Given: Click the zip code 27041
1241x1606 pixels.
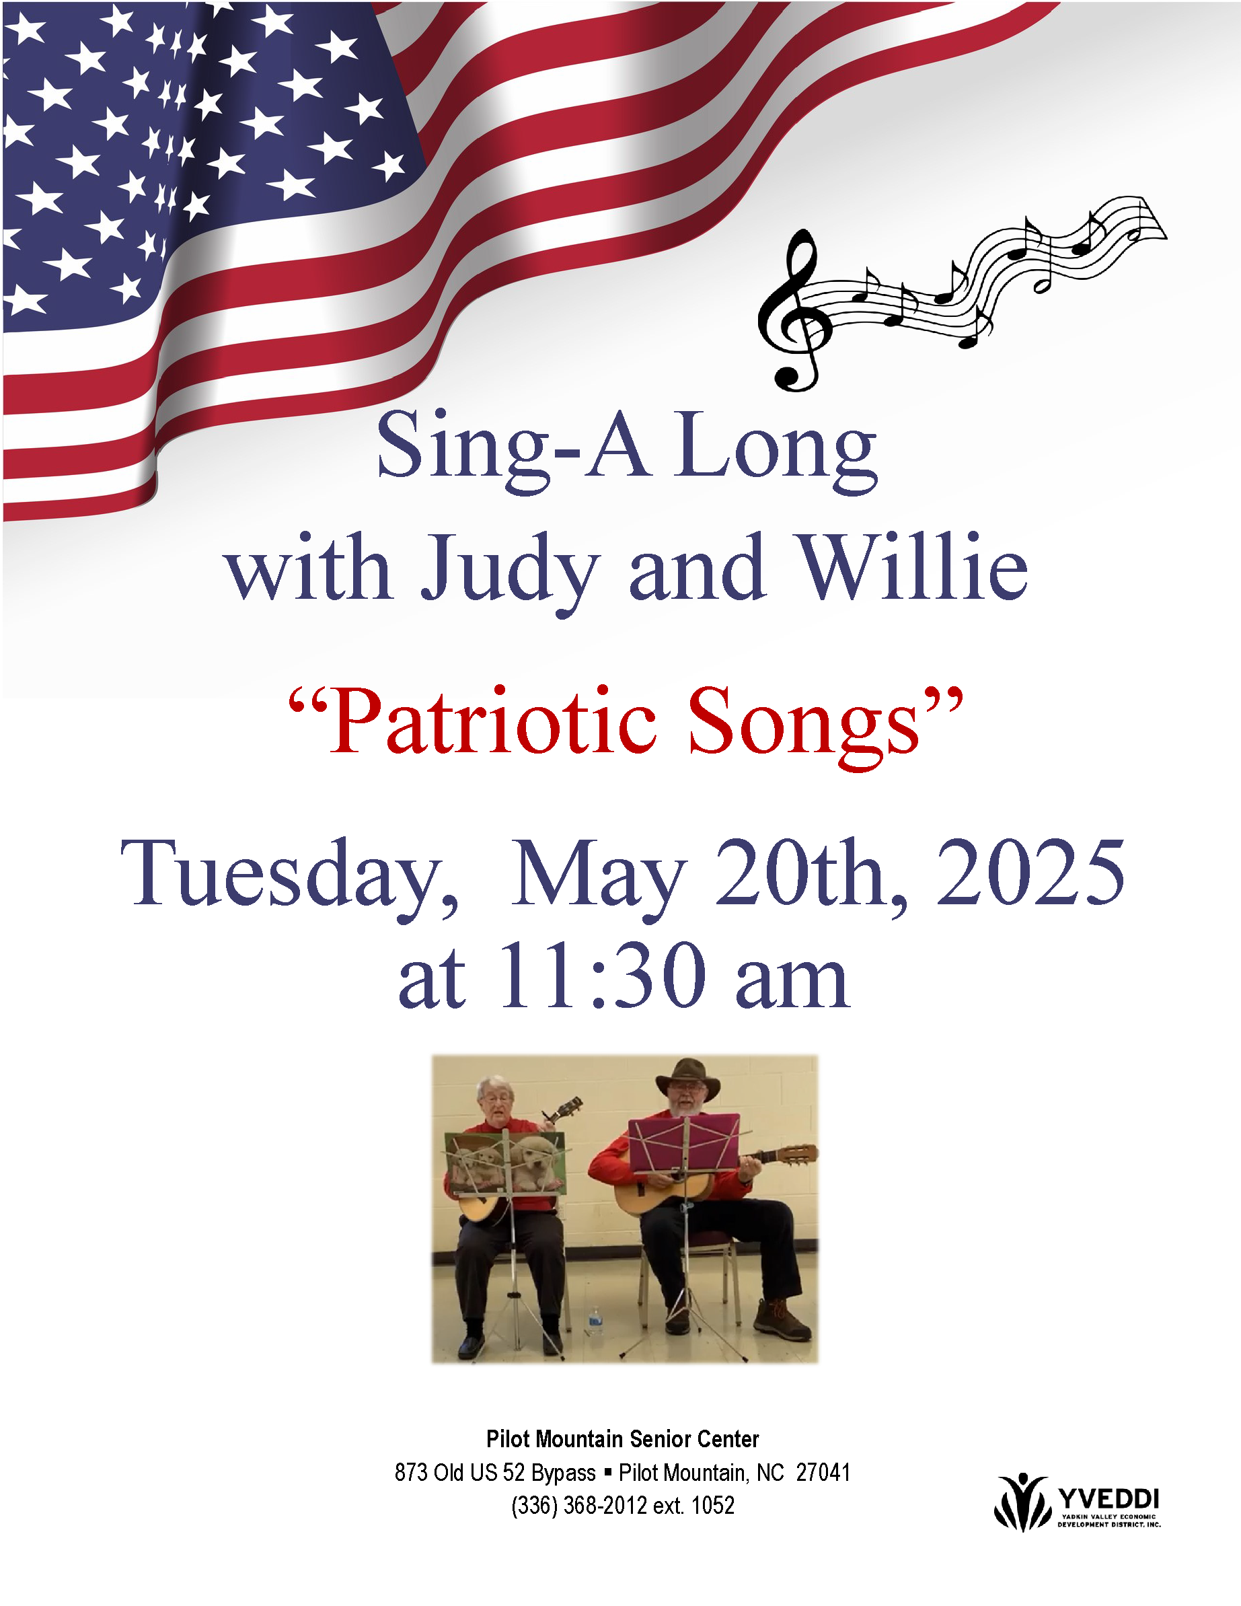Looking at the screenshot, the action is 823,1472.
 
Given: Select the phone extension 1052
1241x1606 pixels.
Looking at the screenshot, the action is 713,1505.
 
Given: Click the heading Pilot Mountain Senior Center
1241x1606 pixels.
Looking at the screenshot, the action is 623,1438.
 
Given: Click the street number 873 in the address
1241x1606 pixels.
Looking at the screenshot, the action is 411,1472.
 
